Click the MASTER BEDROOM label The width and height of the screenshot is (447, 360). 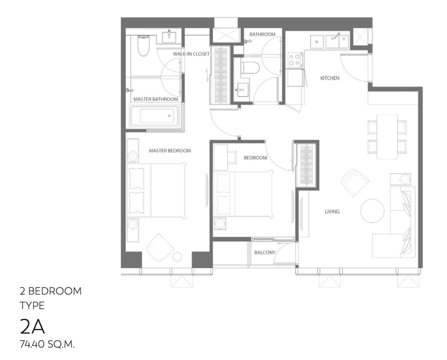(170, 151)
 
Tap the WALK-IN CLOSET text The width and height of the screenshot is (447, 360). (191, 54)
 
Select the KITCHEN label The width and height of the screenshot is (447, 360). (330, 78)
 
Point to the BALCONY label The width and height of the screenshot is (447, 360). (264, 252)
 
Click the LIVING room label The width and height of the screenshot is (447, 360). (332, 211)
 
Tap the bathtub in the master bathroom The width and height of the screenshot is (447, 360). (154, 116)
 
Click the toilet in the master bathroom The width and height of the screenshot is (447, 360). (144, 46)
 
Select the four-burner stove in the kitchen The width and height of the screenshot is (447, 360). (295, 60)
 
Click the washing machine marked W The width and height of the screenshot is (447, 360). (317, 42)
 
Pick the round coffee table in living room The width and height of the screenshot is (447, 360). (372, 211)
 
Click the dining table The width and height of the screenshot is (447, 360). (387, 137)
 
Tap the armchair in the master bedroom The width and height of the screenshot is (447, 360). (160, 247)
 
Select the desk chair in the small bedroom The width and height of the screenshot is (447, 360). (232, 157)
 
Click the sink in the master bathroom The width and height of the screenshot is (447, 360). (169, 37)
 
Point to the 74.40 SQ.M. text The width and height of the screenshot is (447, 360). (47, 344)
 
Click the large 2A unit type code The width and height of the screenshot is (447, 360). (32, 327)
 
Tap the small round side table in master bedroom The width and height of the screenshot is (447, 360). (177, 257)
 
